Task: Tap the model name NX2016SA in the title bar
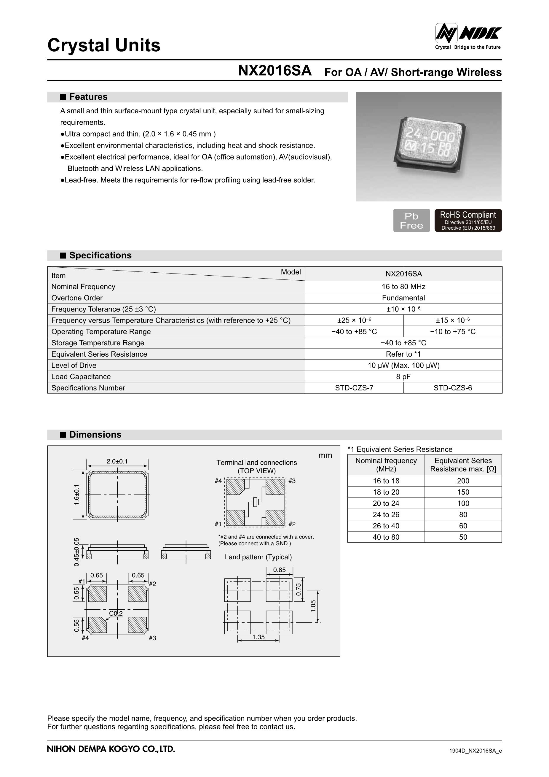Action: click(x=274, y=71)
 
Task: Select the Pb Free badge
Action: click(x=411, y=220)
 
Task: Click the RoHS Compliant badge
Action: click(x=468, y=220)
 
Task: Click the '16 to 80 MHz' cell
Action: click(x=403, y=287)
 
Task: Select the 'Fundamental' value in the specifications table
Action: click(x=403, y=298)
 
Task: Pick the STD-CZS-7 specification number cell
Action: click(x=354, y=388)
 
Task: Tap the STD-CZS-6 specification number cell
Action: click(x=453, y=388)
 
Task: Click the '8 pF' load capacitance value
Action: click(x=403, y=377)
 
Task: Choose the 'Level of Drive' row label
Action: click(x=74, y=366)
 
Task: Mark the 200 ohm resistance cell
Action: click(x=463, y=481)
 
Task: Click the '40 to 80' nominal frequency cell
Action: click(x=386, y=537)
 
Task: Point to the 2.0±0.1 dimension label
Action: click(x=117, y=461)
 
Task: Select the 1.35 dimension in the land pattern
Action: click(x=258, y=637)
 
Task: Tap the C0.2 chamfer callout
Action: click(x=116, y=613)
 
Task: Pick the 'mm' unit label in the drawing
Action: click(x=325, y=455)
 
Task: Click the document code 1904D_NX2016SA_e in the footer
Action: click(x=475, y=751)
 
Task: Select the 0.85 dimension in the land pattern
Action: click(x=279, y=570)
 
